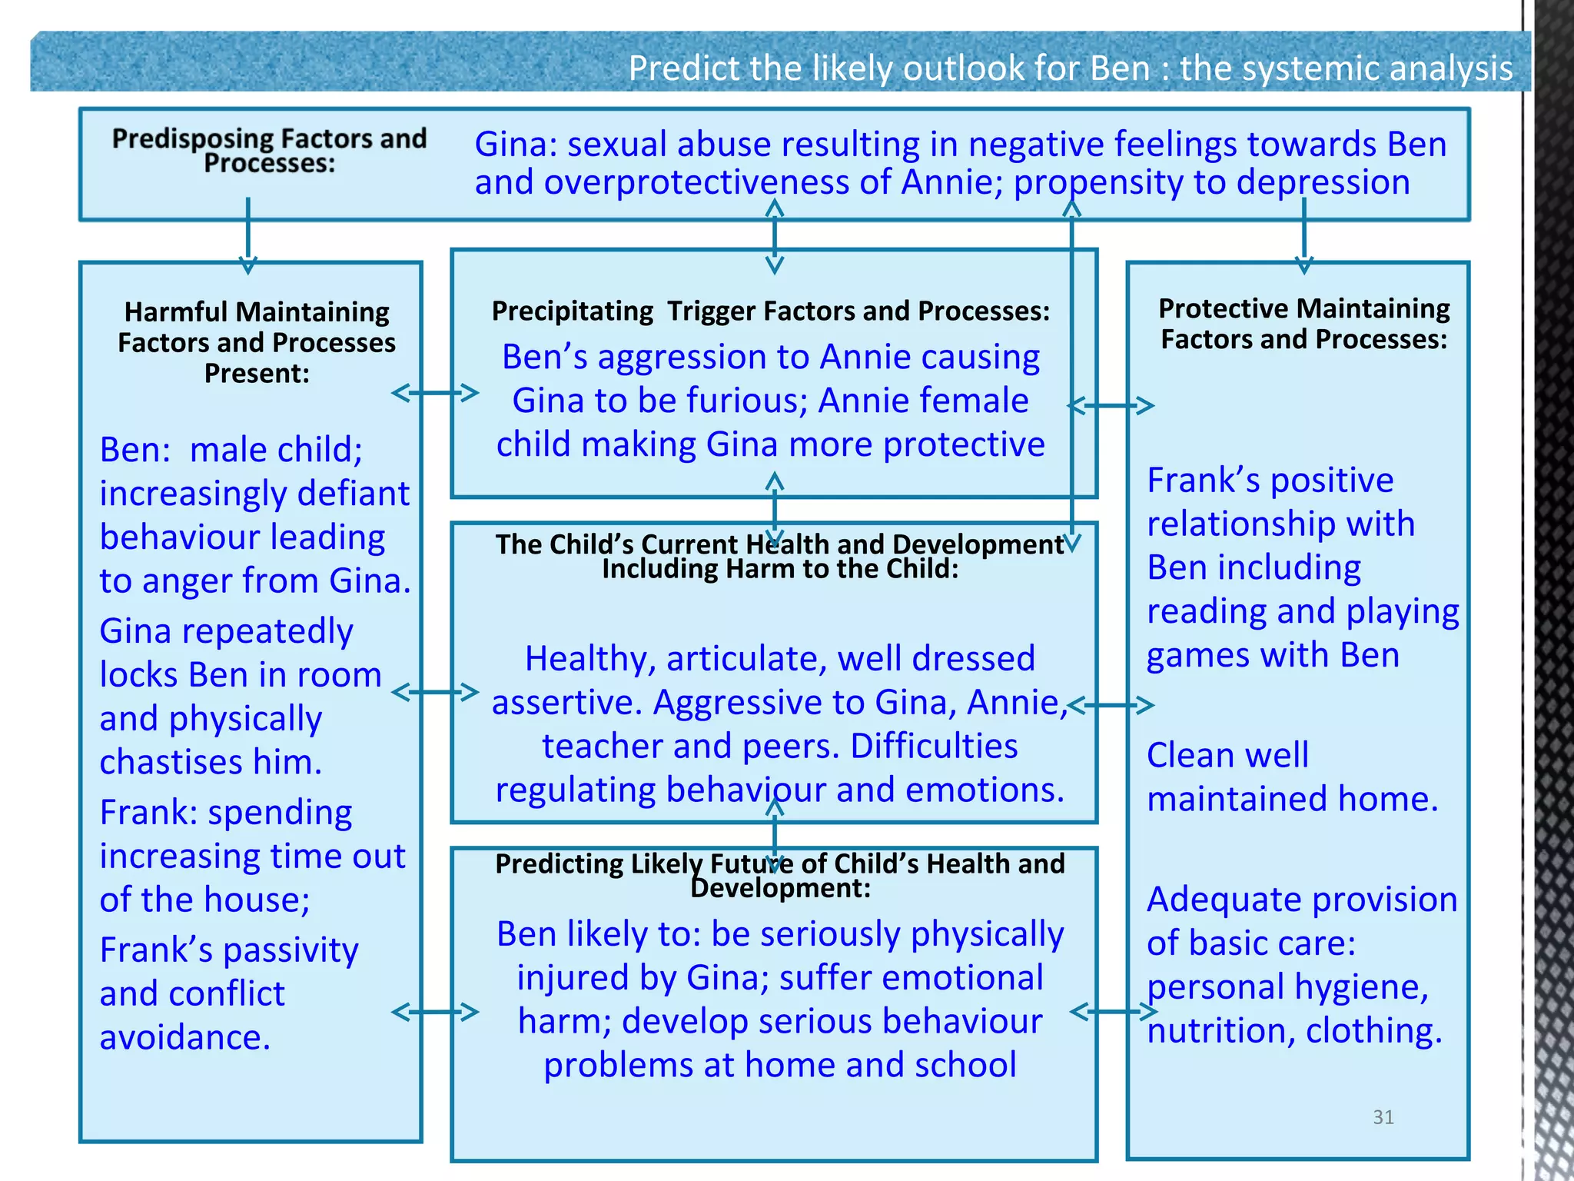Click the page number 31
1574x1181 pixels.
click(x=1383, y=1117)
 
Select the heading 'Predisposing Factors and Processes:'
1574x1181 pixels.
click(x=269, y=150)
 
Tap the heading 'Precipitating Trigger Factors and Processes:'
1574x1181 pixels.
click(x=771, y=311)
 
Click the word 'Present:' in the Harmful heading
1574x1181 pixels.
click(x=257, y=373)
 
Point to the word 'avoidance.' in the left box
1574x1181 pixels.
click(x=184, y=1037)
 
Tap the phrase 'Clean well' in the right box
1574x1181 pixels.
click(x=1227, y=755)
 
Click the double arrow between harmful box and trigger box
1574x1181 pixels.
click(x=435, y=393)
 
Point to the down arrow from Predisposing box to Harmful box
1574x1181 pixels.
click(x=247, y=235)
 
